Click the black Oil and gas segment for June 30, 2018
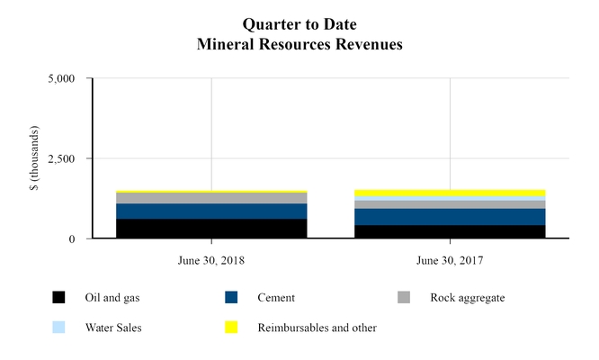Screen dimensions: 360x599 (211, 229)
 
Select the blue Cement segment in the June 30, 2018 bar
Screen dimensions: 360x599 (211, 211)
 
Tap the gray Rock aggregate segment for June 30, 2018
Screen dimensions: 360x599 (211, 198)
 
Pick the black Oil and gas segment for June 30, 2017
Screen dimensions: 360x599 (450, 231)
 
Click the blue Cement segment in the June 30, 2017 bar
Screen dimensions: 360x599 (450, 217)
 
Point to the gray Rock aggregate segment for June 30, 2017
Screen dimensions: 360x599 (450, 204)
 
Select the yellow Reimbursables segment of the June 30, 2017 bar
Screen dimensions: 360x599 (450, 193)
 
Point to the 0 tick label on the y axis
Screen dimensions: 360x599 (79, 239)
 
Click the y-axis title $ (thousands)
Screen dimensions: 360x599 (34, 159)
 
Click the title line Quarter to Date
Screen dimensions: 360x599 (299, 19)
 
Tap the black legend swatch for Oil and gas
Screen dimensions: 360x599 (58, 298)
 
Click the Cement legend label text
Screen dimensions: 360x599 (276, 298)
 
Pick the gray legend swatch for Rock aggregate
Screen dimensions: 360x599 (403, 298)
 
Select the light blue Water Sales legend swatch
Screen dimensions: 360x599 (58, 328)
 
